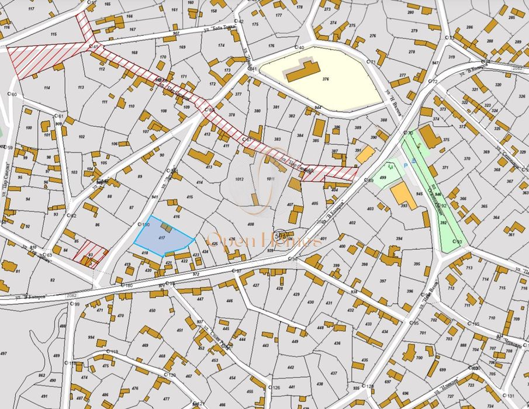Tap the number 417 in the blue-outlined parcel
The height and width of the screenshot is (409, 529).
point(161,238)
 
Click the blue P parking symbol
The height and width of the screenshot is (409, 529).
point(407,166)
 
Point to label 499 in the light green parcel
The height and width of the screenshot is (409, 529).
point(383,177)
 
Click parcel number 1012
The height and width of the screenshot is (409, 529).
point(239,180)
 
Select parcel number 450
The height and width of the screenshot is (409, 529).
point(153,311)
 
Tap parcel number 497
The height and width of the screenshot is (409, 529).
point(4,353)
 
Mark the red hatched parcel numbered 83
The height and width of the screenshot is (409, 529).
point(90,254)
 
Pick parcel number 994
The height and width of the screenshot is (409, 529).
point(91,337)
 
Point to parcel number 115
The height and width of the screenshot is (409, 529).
point(54,35)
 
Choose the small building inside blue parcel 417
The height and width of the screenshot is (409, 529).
point(167,228)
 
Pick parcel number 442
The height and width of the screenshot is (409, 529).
point(291,367)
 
